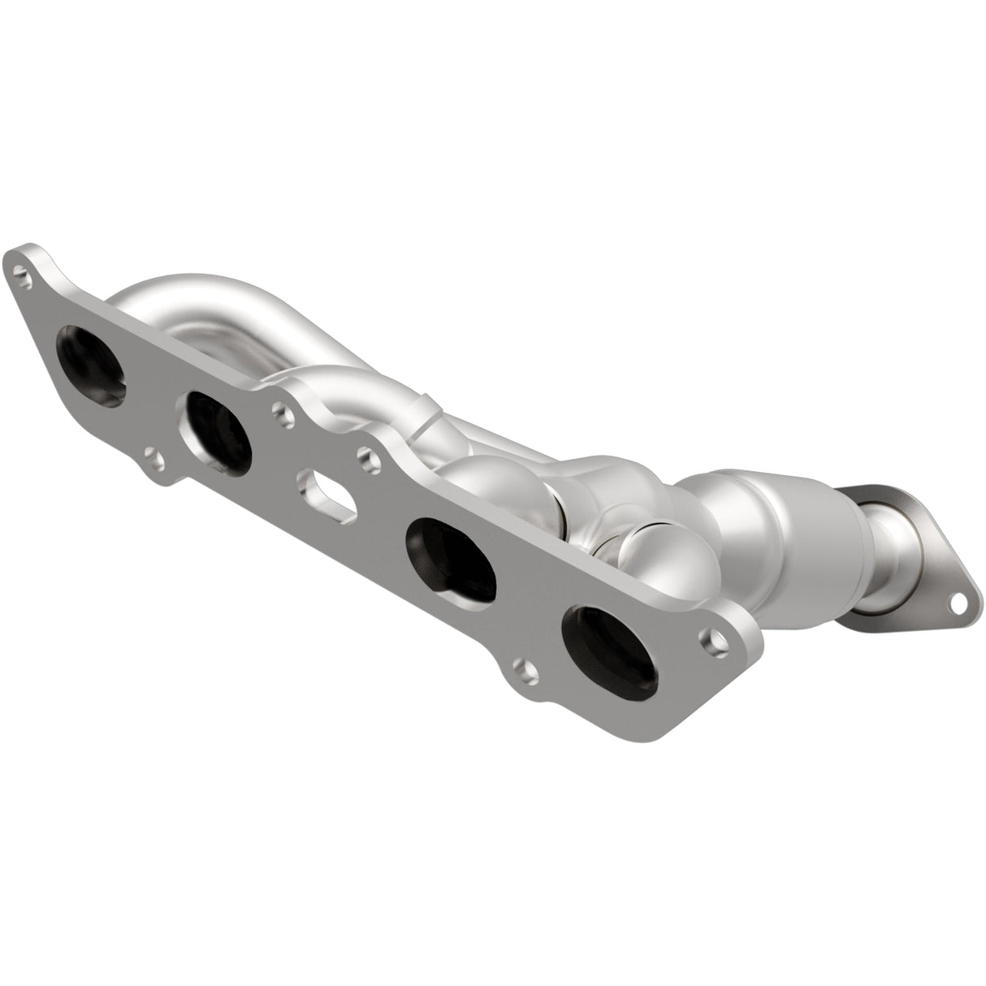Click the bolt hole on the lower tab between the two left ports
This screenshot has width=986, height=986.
tap(154, 460)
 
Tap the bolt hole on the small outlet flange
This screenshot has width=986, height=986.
tap(961, 602)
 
